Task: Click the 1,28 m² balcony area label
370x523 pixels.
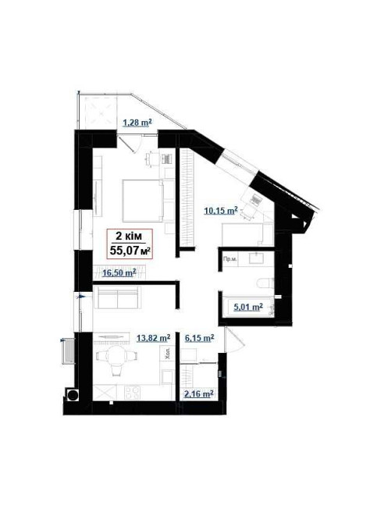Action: pyautogui.click(x=137, y=122)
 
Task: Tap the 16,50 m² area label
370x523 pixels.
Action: pyautogui.click(x=119, y=272)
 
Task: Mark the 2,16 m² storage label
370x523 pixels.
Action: pyautogui.click(x=198, y=394)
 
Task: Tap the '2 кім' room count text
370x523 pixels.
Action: pyautogui.click(x=130, y=237)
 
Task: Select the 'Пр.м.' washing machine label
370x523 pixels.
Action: pyautogui.click(x=229, y=259)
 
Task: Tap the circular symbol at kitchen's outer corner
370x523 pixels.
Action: pyautogui.click(x=74, y=395)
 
